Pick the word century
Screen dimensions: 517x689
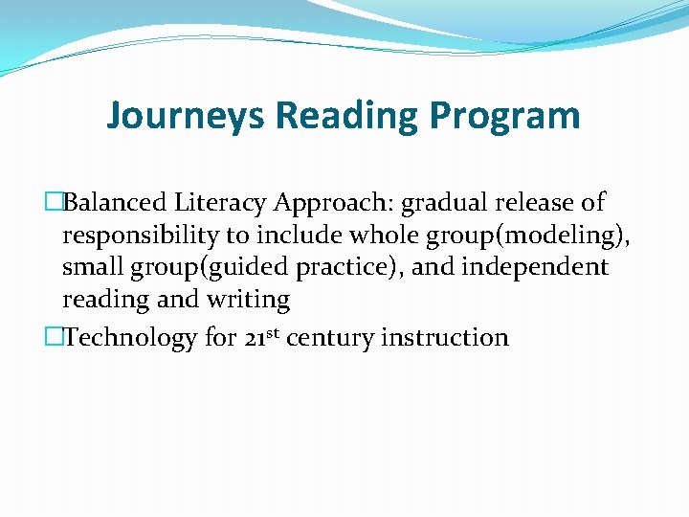(x=328, y=338)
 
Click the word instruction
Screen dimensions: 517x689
(x=446, y=338)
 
